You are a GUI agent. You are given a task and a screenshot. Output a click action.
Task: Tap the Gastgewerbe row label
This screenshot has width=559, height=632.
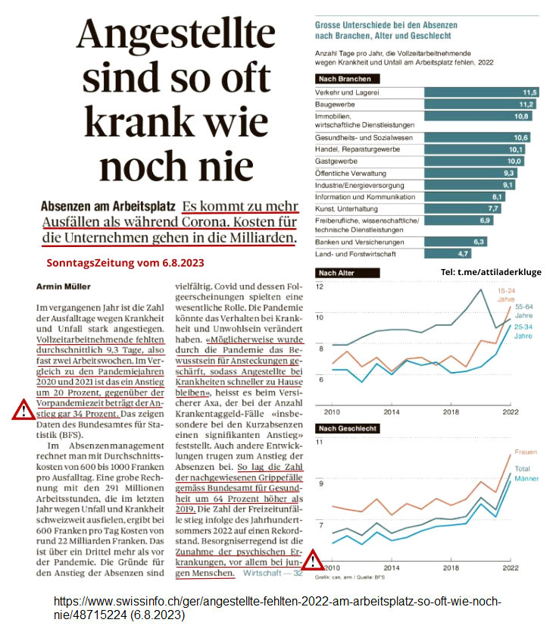(337, 161)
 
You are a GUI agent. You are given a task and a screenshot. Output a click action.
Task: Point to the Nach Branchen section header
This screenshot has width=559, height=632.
(345, 79)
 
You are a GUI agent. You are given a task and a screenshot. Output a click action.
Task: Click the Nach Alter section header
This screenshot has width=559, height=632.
(338, 273)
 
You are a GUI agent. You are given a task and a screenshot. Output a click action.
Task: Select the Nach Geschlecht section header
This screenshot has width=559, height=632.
(348, 430)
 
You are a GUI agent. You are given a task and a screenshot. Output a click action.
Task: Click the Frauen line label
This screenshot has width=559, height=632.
(525, 452)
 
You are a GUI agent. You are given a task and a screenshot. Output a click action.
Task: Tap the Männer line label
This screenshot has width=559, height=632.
(526, 480)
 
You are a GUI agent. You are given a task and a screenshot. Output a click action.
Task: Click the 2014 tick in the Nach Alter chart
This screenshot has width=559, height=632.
(391, 411)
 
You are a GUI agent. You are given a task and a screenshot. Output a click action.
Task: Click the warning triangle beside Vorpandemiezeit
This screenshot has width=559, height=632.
(20, 411)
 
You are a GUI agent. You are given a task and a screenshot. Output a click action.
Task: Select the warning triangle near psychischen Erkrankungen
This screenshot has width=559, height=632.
(311, 562)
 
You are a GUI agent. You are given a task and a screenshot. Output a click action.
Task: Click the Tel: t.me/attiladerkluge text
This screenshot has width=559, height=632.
(491, 272)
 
